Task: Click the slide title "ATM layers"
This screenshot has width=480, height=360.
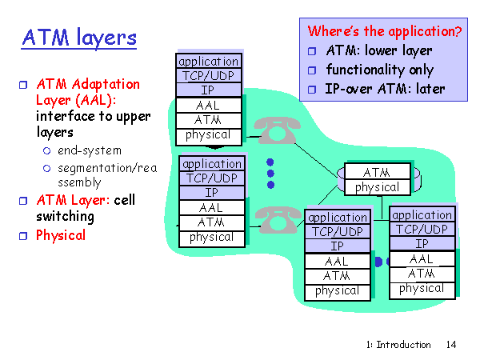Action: click(79, 38)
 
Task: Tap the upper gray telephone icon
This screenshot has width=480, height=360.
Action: click(277, 130)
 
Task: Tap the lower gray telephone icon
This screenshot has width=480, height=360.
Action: click(278, 219)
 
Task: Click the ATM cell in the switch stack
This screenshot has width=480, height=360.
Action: click(377, 172)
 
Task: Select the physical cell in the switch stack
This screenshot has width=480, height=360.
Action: click(377, 187)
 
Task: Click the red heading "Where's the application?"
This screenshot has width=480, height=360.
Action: click(385, 31)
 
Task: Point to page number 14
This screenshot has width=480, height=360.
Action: click(451, 345)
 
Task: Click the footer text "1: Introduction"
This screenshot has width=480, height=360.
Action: click(398, 345)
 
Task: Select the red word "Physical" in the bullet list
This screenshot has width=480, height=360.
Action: click(61, 235)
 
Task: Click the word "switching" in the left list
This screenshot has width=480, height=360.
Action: click(66, 217)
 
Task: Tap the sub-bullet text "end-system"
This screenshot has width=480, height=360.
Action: click(90, 150)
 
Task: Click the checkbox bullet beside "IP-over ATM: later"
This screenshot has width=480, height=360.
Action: click(312, 90)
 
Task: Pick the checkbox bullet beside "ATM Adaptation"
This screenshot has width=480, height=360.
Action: click(23, 85)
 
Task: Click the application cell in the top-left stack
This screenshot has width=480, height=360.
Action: click(209, 62)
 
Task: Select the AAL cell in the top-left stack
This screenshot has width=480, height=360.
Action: click(209, 106)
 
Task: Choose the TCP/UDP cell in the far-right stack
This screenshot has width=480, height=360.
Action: click(422, 230)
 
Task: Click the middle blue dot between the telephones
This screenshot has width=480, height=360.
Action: click(270, 174)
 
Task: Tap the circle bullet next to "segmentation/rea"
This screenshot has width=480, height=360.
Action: click(46, 168)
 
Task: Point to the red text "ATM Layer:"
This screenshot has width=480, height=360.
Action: click(73, 200)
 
